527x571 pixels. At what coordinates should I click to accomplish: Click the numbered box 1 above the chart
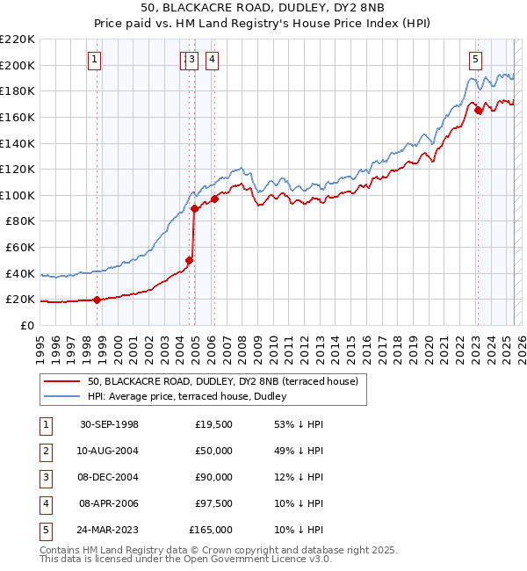(94, 60)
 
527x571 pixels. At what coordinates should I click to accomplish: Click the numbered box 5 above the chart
(475, 60)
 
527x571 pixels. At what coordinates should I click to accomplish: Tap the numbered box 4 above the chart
(213, 60)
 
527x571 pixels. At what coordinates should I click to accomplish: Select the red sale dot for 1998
(97, 300)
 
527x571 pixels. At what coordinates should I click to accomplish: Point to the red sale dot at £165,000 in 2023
(478, 110)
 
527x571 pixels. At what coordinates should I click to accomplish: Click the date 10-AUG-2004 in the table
(109, 451)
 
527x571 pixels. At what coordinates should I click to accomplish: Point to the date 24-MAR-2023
(109, 530)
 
